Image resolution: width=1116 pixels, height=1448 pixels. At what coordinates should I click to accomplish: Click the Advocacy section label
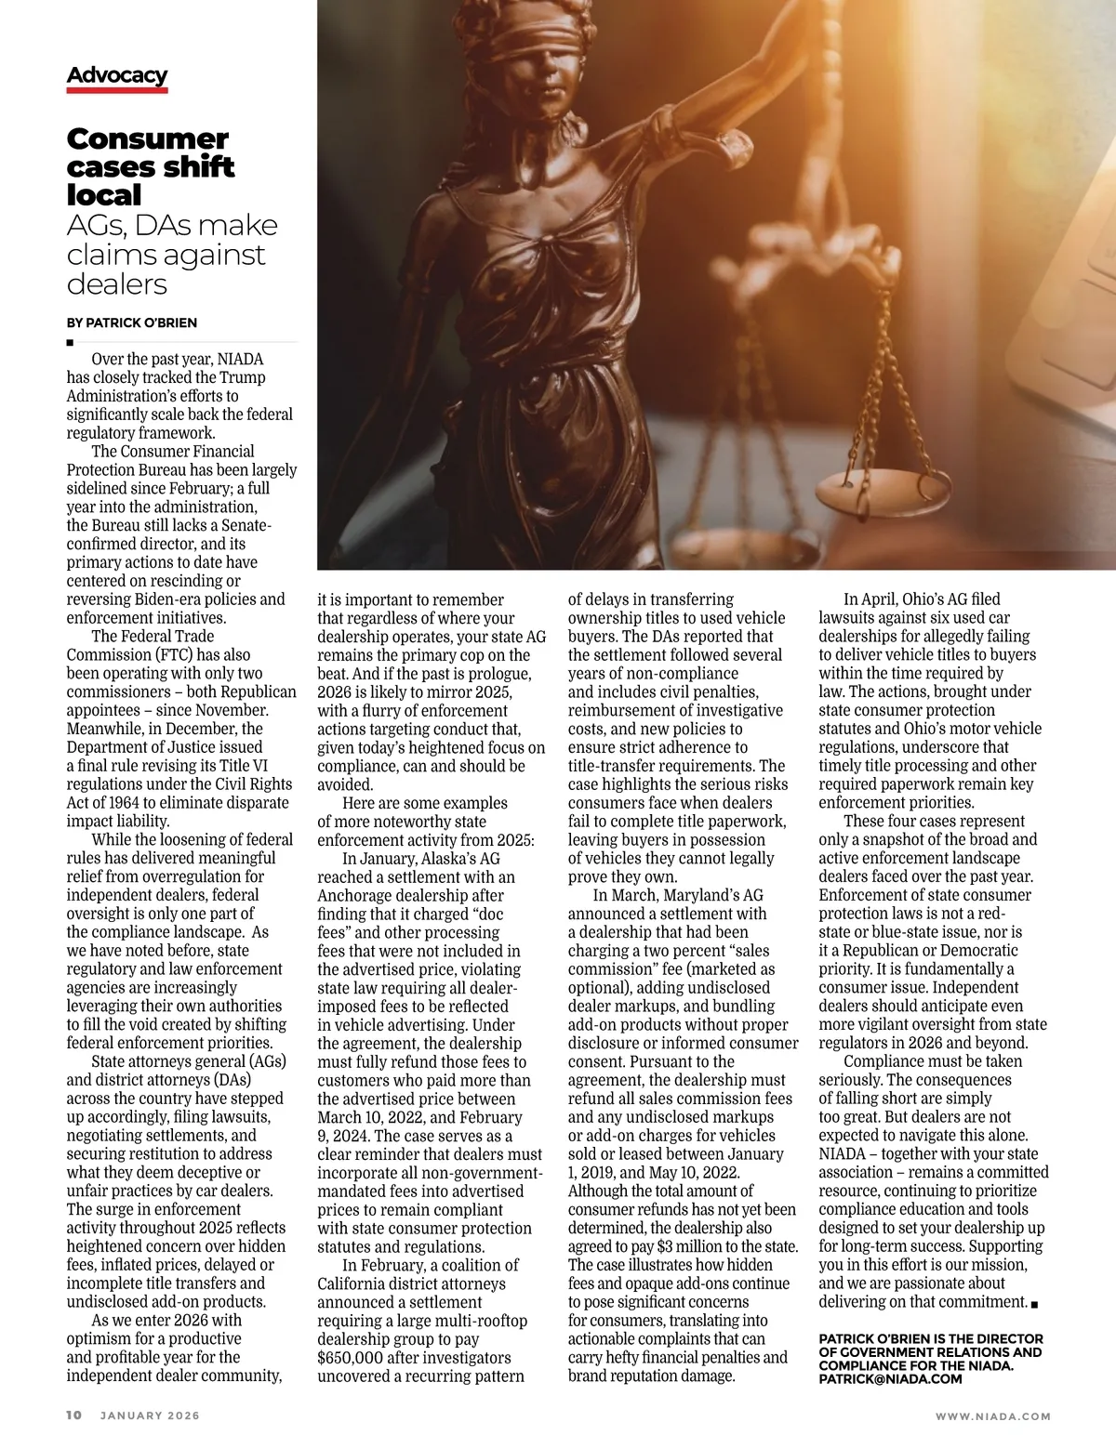117,75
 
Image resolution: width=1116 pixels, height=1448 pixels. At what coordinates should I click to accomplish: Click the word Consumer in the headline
147,139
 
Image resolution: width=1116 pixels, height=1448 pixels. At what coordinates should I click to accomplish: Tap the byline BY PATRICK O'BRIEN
131,323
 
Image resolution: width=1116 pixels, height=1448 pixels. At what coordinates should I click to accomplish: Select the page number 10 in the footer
74,1415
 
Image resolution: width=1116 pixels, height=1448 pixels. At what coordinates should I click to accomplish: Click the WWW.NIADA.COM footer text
992,1416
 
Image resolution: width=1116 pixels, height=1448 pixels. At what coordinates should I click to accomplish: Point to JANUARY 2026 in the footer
150,1415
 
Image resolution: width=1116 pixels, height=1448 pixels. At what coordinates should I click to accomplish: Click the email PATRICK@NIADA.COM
890,1379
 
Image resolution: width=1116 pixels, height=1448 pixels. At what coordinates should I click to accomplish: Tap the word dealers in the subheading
117,283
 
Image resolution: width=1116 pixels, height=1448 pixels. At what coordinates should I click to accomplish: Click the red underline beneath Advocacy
117,90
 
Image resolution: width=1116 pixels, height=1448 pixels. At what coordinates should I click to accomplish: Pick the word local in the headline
104,195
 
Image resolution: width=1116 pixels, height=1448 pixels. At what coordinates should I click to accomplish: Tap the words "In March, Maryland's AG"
678,896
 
